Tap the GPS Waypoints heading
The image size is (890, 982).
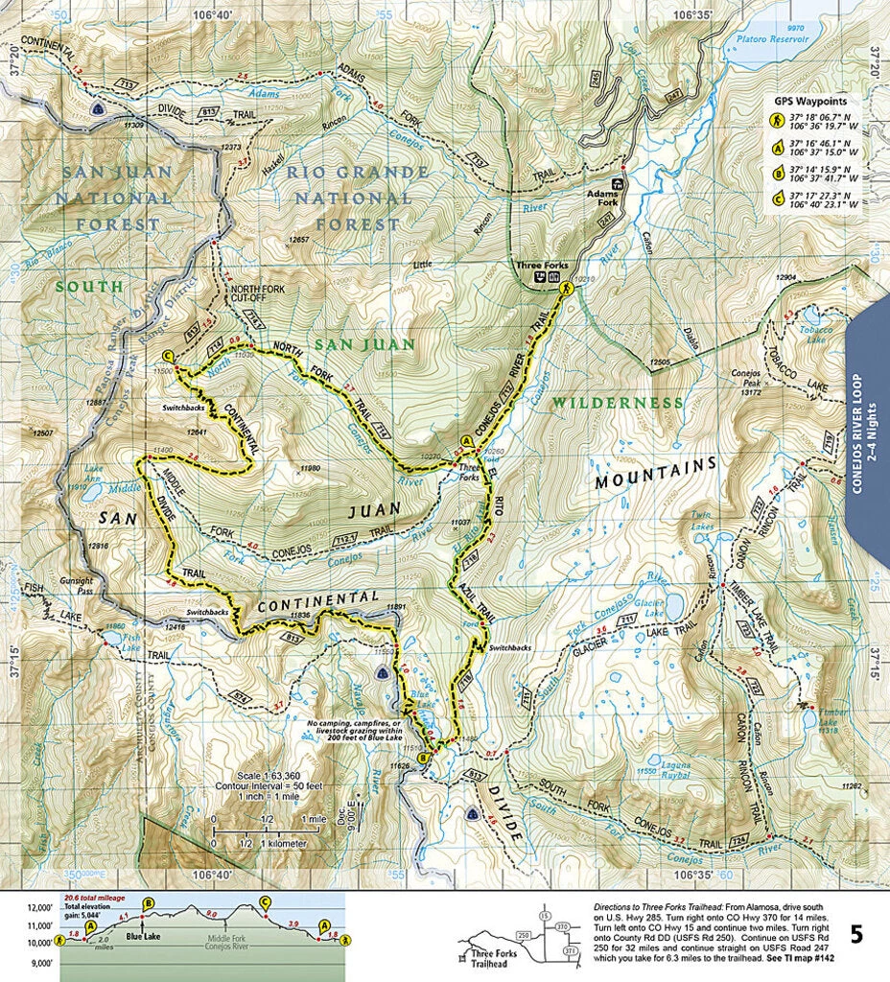pyautogui.click(x=811, y=100)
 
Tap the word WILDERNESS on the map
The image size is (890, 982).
pyautogui.click(x=609, y=402)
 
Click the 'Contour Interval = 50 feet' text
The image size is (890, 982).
pyautogui.click(x=271, y=785)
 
